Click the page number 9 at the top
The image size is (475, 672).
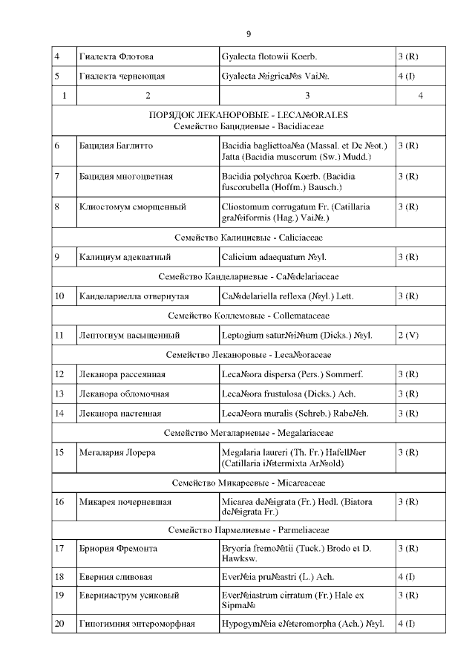[x=249, y=34]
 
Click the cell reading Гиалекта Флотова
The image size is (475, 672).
[x=116, y=57]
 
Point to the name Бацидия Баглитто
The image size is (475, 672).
[x=116, y=146]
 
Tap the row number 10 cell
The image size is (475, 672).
[x=59, y=296]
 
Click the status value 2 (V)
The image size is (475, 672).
[x=408, y=336]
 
